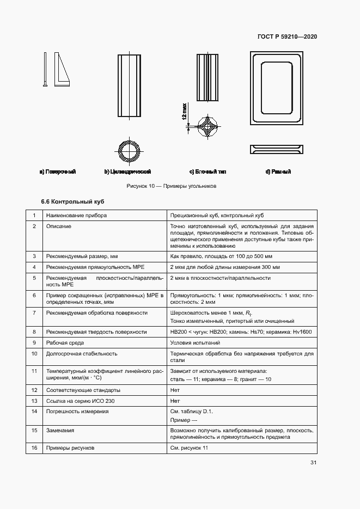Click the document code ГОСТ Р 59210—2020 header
click(x=287, y=36)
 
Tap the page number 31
click(x=313, y=463)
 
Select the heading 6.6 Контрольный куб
click(x=72, y=201)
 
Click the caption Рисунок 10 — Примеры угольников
click(x=172, y=186)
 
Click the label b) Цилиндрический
click(x=127, y=171)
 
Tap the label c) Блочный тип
click(x=208, y=171)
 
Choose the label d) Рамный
click(x=278, y=171)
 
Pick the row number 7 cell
click(x=34, y=313)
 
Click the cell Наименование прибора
click(x=76, y=215)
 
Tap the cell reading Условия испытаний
click(x=195, y=342)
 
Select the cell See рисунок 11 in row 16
click(x=189, y=447)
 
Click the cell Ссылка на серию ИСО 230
click(x=81, y=401)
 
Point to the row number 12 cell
click(x=34, y=390)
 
